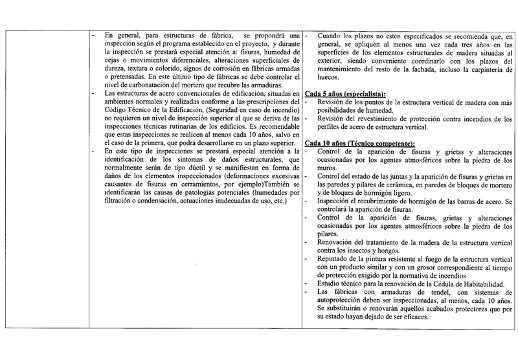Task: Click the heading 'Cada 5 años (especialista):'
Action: (x=344, y=94)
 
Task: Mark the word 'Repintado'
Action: (x=333, y=258)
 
